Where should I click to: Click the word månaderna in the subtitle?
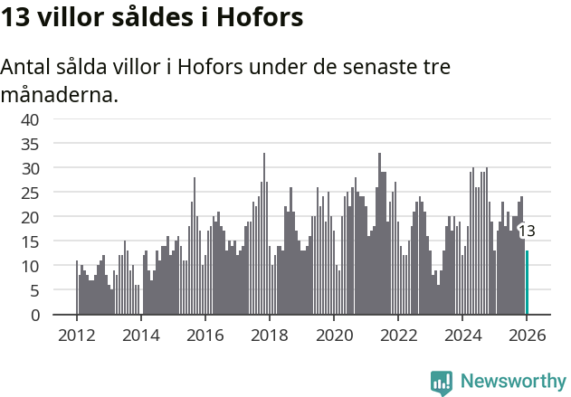[x=59, y=93]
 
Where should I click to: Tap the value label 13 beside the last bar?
[x=527, y=232]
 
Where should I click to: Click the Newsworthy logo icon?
[x=442, y=382]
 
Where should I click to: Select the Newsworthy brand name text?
[x=512, y=382]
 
